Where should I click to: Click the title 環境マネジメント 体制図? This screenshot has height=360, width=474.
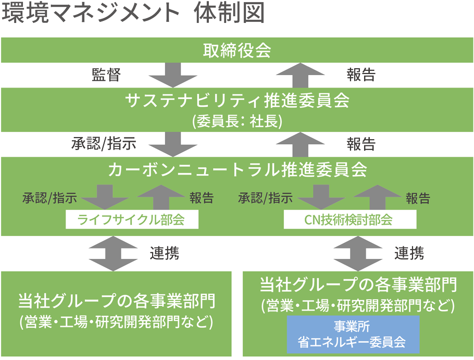click(133, 14)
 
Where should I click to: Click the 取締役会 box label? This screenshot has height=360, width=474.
click(237, 51)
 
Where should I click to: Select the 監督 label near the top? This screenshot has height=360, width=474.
click(106, 75)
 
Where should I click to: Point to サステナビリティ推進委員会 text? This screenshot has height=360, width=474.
click(237, 100)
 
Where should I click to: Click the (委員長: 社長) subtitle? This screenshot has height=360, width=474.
click(237, 121)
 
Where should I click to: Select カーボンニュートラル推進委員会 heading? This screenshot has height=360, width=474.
click(237, 170)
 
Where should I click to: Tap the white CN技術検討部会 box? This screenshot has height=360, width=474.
click(350, 220)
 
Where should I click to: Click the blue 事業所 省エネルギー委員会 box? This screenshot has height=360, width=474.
click(352, 334)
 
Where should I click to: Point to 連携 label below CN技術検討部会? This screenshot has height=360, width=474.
click(409, 254)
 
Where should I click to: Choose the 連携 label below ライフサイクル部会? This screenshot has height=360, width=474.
click(165, 254)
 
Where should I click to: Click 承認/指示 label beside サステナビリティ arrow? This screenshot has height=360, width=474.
click(104, 143)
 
